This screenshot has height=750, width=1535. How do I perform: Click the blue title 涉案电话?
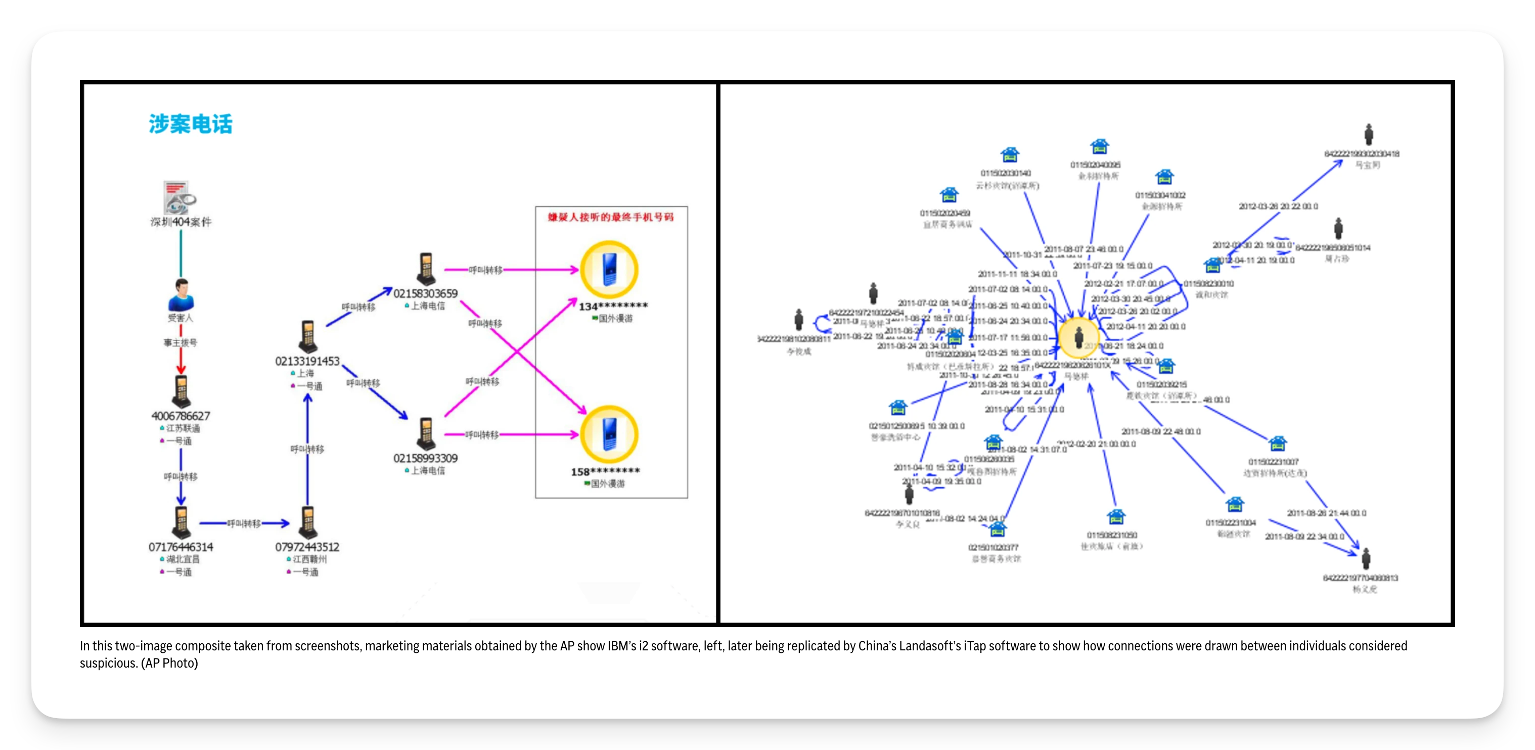tap(191, 124)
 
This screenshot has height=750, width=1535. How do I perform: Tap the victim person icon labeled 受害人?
tap(181, 295)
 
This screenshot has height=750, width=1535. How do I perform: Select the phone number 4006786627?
tap(180, 416)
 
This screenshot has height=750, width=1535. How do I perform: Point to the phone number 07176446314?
tap(180, 547)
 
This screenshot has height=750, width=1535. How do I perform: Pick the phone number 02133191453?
tap(307, 361)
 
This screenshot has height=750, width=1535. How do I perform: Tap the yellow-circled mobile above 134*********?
tap(609, 270)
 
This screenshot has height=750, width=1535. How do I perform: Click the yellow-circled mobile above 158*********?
tap(609, 434)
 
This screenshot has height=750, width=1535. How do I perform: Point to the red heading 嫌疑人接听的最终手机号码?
tap(611, 217)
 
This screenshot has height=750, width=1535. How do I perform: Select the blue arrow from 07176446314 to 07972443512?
tap(244, 523)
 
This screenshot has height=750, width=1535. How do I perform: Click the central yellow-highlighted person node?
tap(1078, 338)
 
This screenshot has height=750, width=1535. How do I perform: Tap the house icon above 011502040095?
tap(1099, 147)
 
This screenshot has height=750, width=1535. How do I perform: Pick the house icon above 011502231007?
tap(1277, 444)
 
